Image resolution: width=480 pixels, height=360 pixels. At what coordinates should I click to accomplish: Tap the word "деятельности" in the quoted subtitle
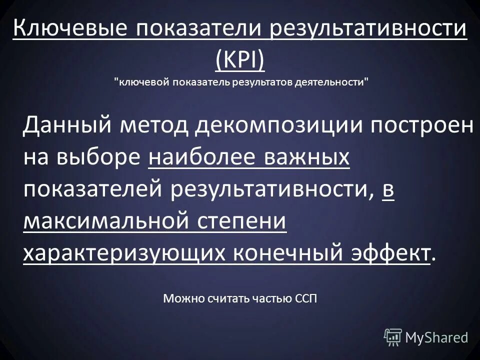pyautogui.click(x=331, y=82)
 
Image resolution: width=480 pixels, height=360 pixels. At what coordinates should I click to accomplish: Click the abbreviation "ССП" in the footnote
pyautogui.click(x=305, y=299)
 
